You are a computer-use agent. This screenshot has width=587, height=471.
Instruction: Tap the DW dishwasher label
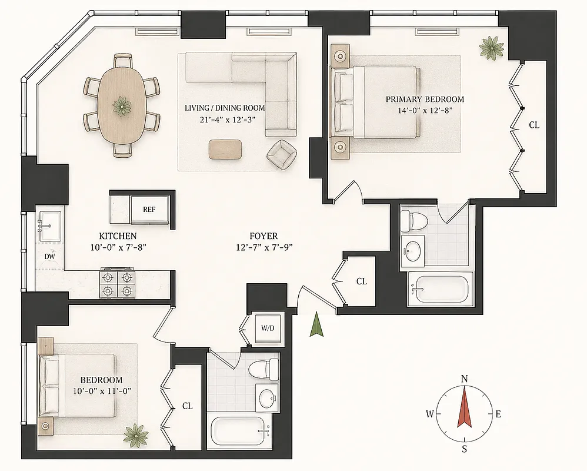pos(49,257)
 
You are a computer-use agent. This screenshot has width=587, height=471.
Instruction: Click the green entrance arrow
pos(317,325)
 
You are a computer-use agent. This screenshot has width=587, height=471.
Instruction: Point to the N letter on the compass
pos(464,379)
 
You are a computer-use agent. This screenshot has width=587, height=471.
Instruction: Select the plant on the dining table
pos(122,106)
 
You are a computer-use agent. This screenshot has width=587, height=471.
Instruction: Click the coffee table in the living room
pos(225,149)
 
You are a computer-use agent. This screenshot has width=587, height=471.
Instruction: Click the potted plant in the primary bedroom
pos(489,47)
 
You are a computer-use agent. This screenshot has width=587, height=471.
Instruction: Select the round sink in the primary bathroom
pos(415,251)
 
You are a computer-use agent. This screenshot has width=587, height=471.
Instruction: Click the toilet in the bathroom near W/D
pos(262,370)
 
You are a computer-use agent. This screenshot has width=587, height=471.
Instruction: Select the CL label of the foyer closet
pos(361,282)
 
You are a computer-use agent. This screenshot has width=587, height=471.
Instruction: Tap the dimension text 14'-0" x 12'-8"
pos(425,110)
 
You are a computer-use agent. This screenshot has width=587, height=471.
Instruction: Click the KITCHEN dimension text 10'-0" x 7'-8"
pos(118,247)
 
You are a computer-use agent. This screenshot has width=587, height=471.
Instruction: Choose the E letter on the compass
pos(498,414)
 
